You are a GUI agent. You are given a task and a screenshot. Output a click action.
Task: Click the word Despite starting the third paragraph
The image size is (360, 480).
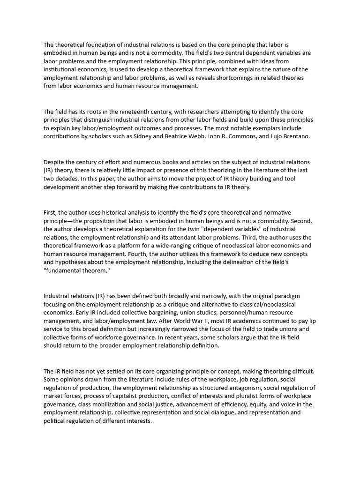tap(55, 162)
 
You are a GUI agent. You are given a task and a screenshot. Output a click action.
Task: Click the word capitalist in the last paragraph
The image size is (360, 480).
tap(118, 396)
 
